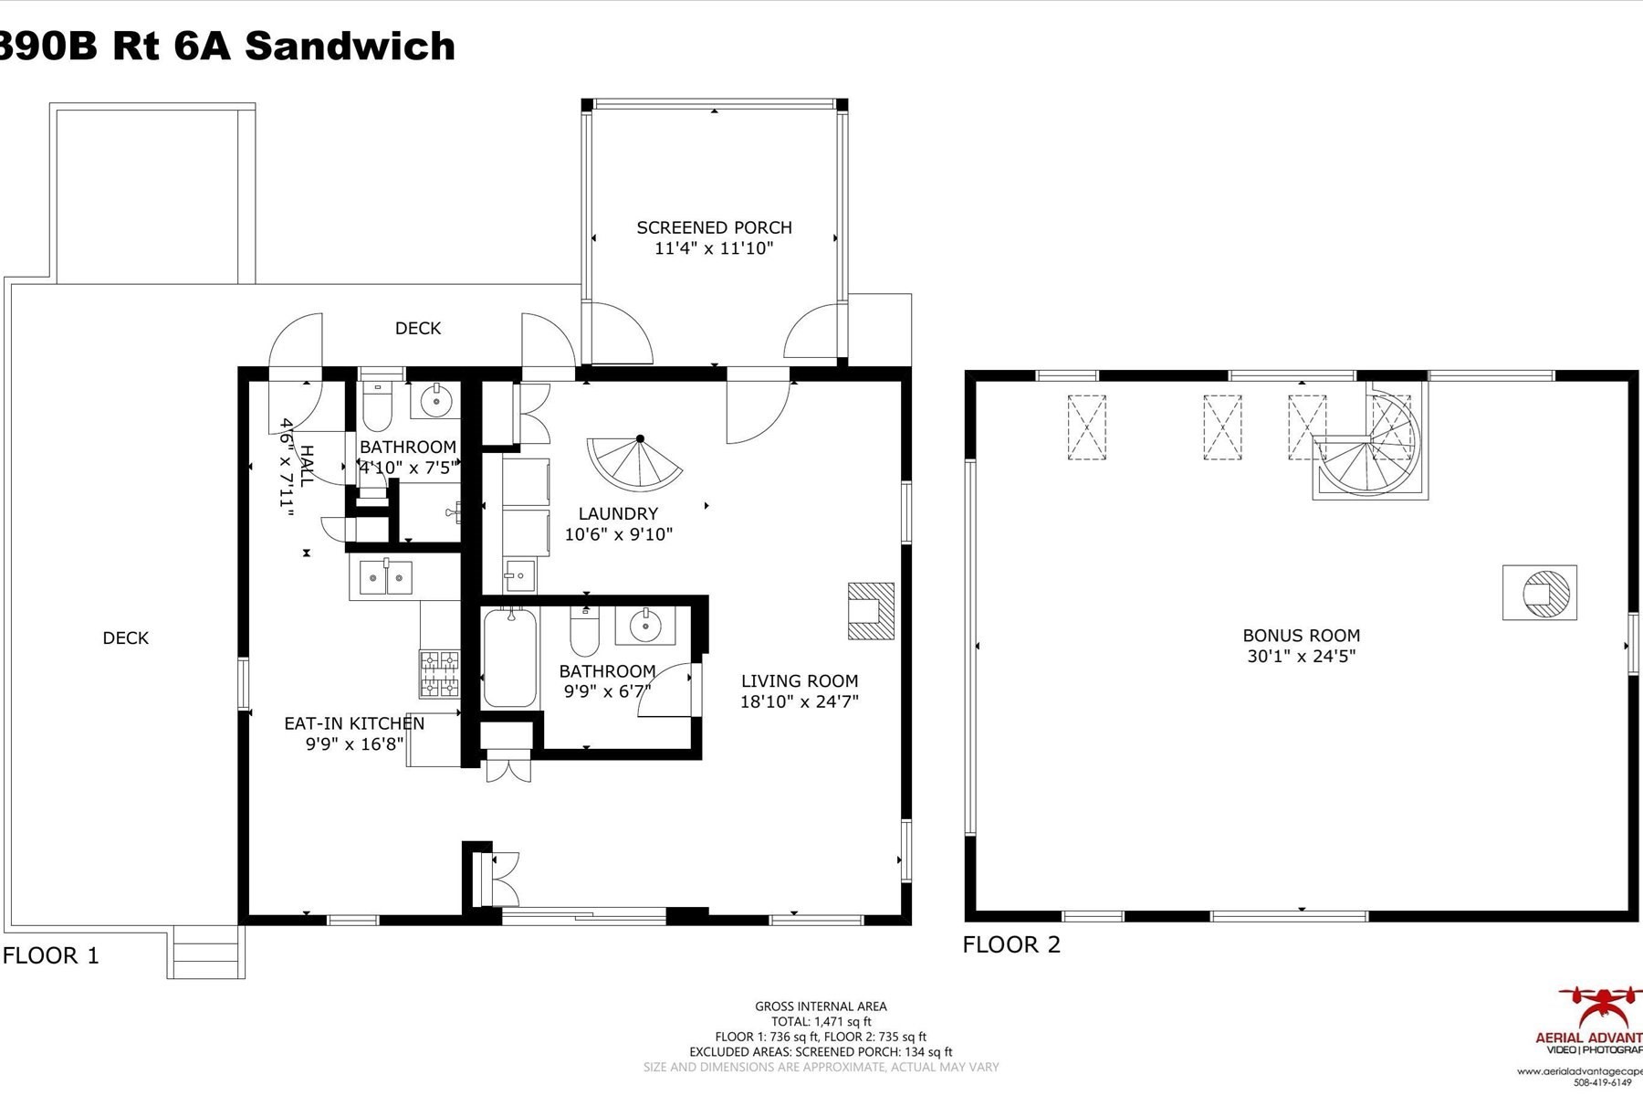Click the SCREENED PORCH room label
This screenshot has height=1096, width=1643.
tap(714, 227)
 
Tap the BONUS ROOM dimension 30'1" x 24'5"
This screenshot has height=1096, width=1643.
tap(1301, 656)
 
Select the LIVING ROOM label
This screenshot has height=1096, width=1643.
tap(799, 680)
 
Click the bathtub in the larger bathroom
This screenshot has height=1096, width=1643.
tap(509, 658)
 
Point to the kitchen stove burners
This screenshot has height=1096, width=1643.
tap(439, 672)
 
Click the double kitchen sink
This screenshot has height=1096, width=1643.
tap(386, 577)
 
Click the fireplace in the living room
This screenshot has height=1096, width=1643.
tap(870, 610)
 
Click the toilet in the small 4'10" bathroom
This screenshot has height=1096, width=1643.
tap(377, 406)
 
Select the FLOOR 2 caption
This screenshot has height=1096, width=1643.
tap(1011, 944)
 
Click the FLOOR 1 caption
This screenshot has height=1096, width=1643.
tap(51, 955)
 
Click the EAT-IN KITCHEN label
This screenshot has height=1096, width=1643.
tap(354, 723)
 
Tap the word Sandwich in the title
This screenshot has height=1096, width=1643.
tap(350, 46)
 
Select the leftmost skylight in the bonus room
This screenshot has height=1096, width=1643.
tap(1086, 427)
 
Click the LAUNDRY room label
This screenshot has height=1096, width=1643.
tap(618, 513)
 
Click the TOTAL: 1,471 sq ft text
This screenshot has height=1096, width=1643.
tap(821, 1021)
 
